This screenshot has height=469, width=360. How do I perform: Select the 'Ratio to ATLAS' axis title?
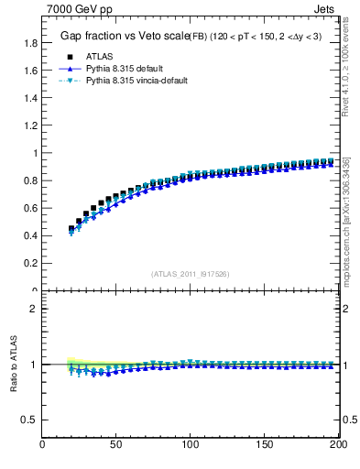tap(13, 365)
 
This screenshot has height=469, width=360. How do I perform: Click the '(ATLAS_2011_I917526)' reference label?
tap(190, 274)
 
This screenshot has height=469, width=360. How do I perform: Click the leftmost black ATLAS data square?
tap(71, 229)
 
